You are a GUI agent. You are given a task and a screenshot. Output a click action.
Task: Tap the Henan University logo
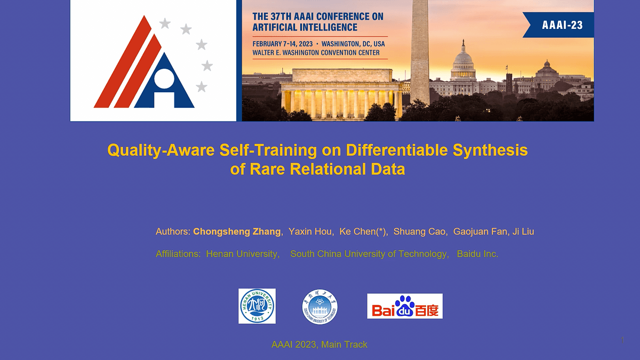pyautogui.click(x=257, y=306)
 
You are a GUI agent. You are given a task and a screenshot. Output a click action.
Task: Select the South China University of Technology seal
pyautogui.click(x=320, y=307)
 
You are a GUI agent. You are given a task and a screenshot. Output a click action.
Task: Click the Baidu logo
pyautogui.click(x=405, y=306)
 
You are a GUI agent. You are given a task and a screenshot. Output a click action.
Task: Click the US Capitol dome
pyautogui.click(x=462, y=61)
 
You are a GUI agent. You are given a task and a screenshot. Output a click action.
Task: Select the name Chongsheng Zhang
pyautogui.click(x=237, y=231)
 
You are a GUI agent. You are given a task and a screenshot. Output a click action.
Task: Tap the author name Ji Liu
pyautogui.click(x=523, y=231)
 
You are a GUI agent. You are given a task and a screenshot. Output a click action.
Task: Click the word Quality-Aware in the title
pyautogui.click(x=161, y=150)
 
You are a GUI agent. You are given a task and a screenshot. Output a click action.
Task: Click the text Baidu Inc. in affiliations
pyautogui.click(x=477, y=254)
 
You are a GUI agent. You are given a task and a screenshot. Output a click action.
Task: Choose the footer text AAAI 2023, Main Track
pyautogui.click(x=319, y=345)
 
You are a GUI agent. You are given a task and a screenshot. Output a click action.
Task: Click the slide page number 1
pyautogui.click(x=622, y=340)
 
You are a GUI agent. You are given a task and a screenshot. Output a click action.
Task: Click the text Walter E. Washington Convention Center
pyautogui.click(x=316, y=53)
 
